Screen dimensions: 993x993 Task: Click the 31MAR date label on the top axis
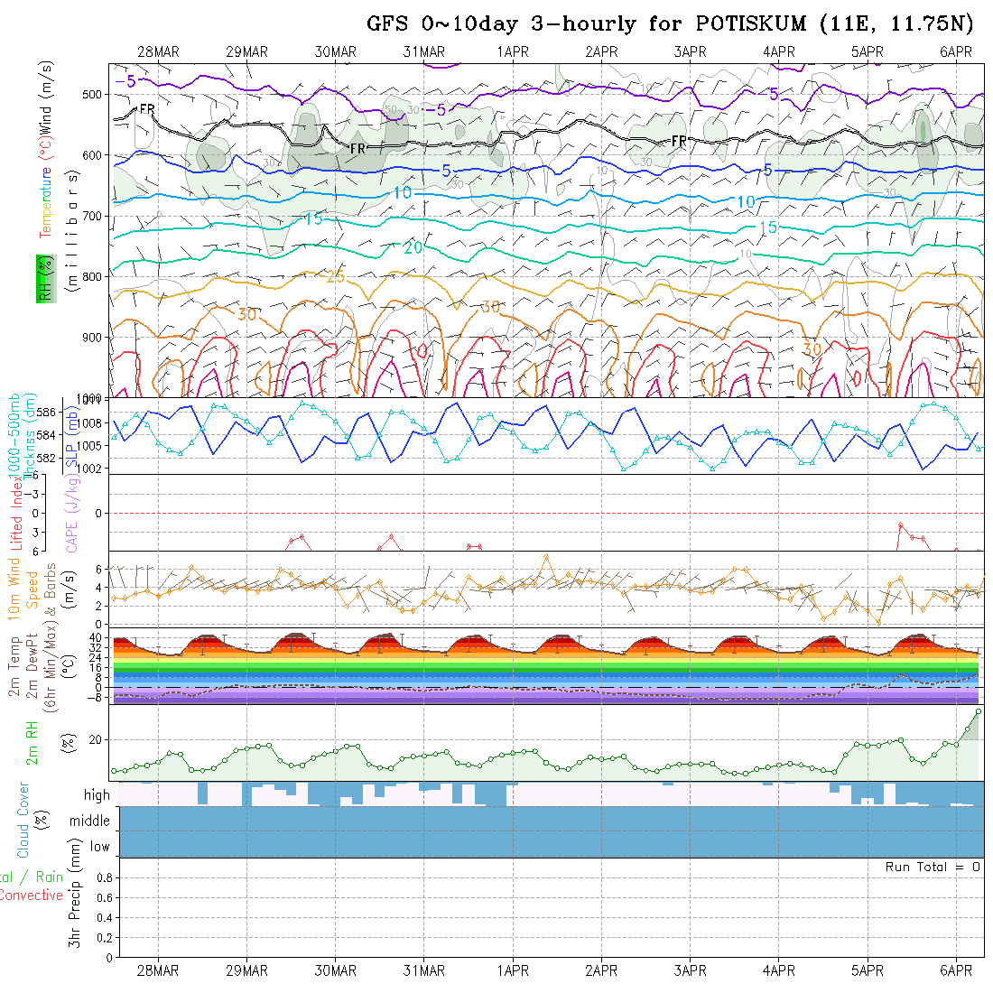tap(423, 52)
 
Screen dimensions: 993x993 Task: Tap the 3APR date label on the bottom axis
tap(690, 970)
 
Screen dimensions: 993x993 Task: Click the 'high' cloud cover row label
tap(97, 795)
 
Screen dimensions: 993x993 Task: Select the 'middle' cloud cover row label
tap(90, 821)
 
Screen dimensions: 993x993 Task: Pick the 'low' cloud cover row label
tap(99, 847)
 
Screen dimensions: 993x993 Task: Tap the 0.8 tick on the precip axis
tap(102, 877)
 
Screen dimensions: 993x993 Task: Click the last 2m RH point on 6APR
tap(978, 711)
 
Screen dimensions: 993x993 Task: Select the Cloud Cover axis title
tap(23, 820)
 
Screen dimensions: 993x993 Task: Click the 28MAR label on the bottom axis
tap(158, 970)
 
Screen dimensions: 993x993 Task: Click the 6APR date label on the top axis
tap(955, 52)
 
